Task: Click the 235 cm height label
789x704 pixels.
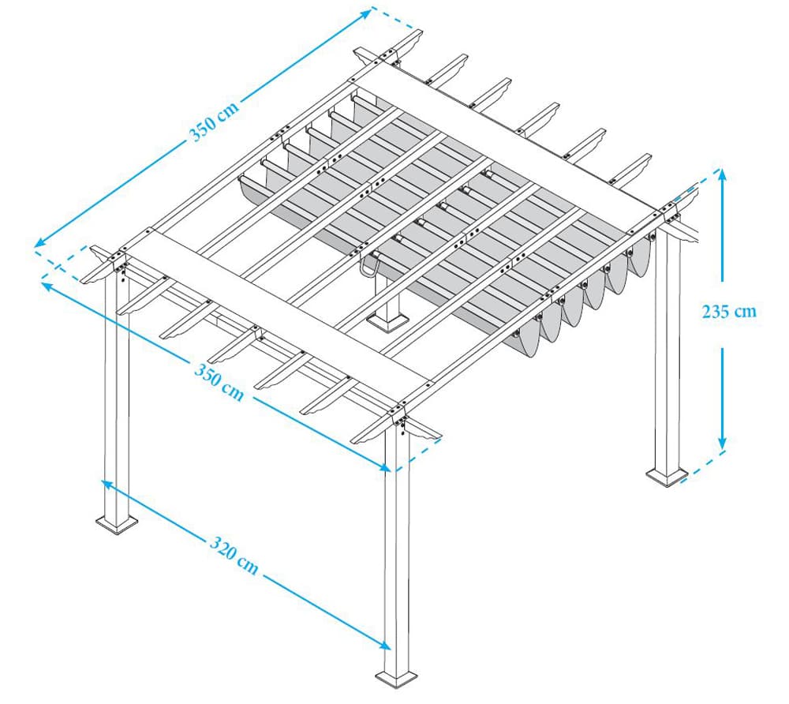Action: (x=728, y=311)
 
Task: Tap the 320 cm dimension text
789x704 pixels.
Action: (x=234, y=554)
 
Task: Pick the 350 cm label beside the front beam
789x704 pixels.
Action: (x=220, y=380)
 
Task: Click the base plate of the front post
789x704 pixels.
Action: (x=396, y=679)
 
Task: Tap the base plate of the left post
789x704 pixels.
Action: (x=117, y=522)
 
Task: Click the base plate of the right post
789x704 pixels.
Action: (x=667, y=476)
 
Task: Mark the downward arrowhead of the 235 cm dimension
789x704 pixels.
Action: (x=721, y=445)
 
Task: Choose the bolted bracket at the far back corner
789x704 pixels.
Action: (x=387, y=56)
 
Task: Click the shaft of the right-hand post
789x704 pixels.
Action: (x=667, y=355)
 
